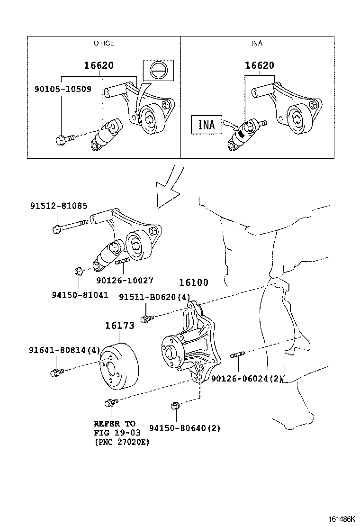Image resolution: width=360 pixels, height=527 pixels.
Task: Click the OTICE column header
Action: [x=104, y=43]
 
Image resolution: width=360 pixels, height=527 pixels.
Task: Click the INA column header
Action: [x=257, y=43]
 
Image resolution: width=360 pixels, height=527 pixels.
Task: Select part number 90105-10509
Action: [x=63, y=89]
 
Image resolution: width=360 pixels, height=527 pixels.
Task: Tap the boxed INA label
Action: [x=206, y=125]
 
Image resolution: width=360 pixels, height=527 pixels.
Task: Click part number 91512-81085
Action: [x=59, y=206]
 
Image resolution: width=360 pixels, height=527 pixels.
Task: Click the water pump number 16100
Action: [x=193, y=283]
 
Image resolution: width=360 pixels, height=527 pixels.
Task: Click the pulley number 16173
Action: [x=119, y=325]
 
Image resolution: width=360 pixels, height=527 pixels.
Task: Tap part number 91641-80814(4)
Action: [x=64, y=350]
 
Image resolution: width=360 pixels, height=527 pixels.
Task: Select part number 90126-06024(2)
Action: [x=247, y=379]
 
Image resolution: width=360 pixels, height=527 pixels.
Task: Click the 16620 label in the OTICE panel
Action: [x=99, y=66]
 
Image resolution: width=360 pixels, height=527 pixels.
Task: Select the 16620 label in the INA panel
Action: [x=260, y=66]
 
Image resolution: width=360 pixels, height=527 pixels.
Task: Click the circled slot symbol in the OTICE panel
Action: [x=158, y=71]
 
